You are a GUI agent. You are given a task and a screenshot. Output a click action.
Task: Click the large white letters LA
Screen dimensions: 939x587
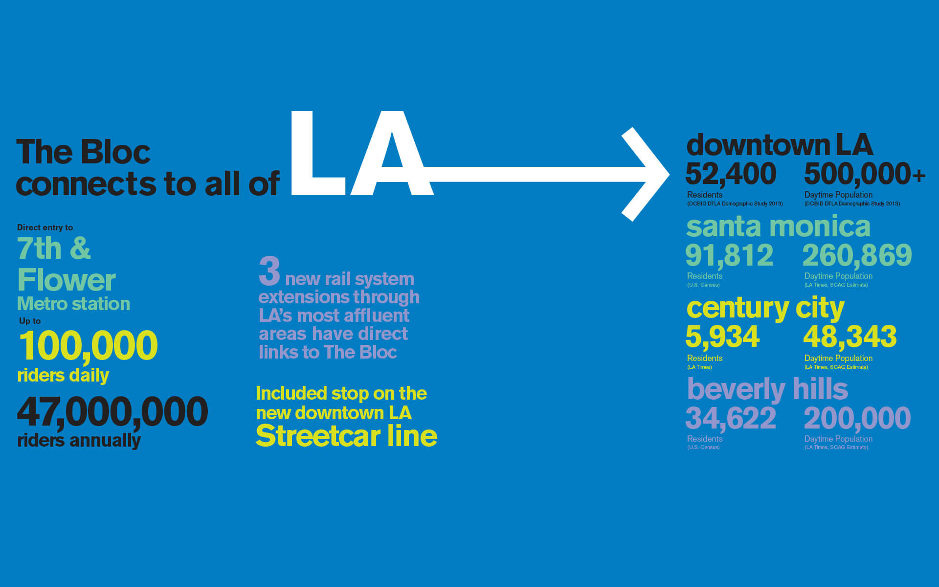(362, 153)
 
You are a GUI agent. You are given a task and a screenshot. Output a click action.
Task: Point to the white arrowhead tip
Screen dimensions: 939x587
(669, 174)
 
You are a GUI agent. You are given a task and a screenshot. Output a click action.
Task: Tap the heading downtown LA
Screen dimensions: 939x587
(780, 145)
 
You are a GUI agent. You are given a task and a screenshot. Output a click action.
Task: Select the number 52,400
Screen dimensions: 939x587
(731, 174)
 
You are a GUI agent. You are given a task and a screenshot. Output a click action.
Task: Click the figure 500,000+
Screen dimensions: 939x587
(865, 174)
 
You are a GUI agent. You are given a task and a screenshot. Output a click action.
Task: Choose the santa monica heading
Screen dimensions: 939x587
(778, 226)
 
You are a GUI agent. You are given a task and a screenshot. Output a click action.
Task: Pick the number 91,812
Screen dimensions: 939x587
(729, 255)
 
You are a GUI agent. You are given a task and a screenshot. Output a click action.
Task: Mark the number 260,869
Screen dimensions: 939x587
(857, 255)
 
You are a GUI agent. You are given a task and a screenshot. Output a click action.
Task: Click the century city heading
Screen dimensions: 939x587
(765, 309)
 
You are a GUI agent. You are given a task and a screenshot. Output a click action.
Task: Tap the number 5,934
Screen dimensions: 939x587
(722, 337)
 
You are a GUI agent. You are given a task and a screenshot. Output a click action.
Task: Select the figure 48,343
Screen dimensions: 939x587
(850, 337)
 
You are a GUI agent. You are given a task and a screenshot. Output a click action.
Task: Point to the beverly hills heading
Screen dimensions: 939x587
(767, 389)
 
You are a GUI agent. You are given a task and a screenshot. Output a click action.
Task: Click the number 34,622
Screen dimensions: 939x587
(731, 418)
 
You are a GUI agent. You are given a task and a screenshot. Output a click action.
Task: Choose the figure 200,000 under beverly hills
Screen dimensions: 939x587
(857, 418)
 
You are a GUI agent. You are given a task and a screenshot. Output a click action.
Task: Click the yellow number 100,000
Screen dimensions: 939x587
(88, 346)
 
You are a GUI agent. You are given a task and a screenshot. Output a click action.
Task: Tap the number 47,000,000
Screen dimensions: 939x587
(112, 412)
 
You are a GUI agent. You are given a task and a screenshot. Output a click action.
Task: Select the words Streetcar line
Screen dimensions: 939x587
(346, 435)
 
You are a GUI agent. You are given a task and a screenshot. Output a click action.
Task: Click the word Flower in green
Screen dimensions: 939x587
(67, 280)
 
